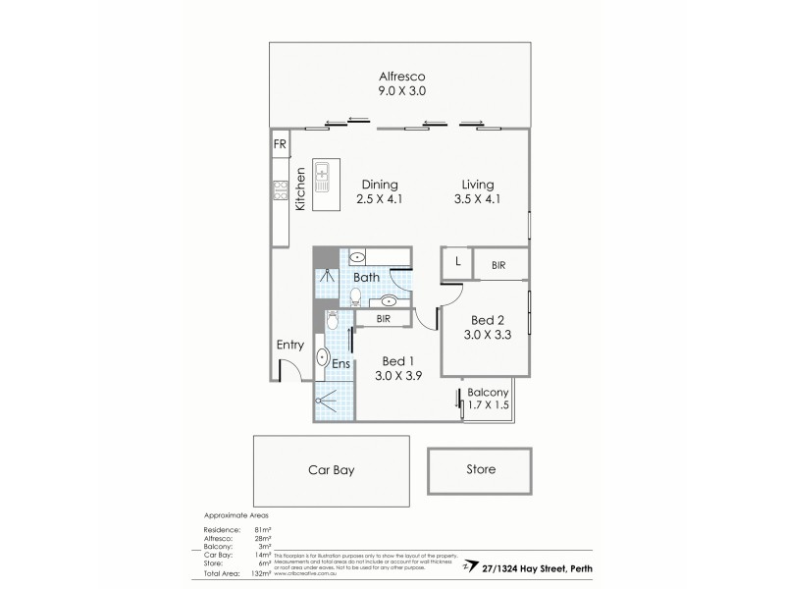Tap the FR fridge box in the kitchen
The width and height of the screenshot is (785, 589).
coord(280,144)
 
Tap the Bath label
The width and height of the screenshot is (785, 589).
coord(366,278)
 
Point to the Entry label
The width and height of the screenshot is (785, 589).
coord(290,346)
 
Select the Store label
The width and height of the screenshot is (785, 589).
coord(481,469)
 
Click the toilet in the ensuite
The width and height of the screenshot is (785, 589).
coord(332,320)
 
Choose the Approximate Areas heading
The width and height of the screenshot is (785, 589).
coord(235,514)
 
